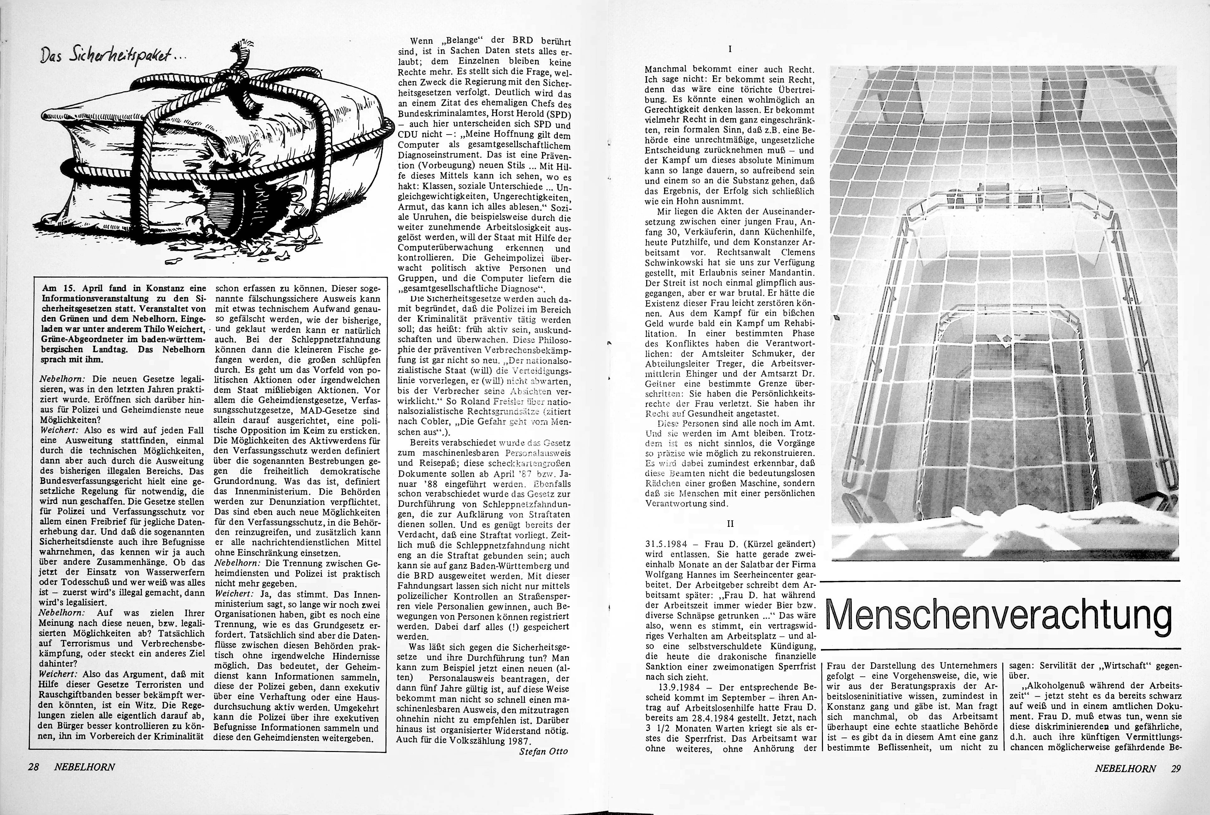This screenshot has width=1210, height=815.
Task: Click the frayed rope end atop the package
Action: [x=242, y=48]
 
